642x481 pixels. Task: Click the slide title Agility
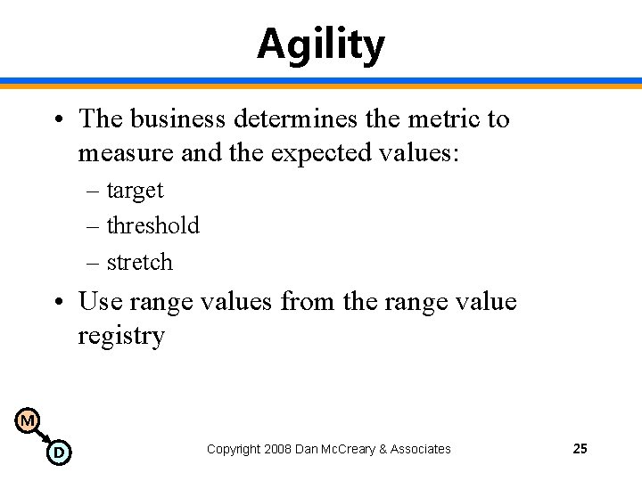click(x=321, y=44)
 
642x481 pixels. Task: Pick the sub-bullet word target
click(x=135, y=190)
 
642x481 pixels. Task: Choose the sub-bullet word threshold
click(x=152, y=225)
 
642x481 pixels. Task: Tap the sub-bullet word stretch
click(x=139, y=262)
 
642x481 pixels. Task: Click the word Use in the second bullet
click(x=101, y=301)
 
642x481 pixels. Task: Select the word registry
click(x=121, y=337)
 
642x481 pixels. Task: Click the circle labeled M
click(x=28, y=420)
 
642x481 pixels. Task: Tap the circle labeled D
click(x=58, y=452)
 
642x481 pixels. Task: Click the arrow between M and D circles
click(x=43, y=436)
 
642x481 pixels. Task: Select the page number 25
click(x=580, y=449)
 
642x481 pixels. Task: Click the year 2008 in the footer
click(x=279, y=449)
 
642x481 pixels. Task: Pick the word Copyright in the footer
click(x=234, y=449)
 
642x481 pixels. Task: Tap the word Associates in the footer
click(x=421, y=449)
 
